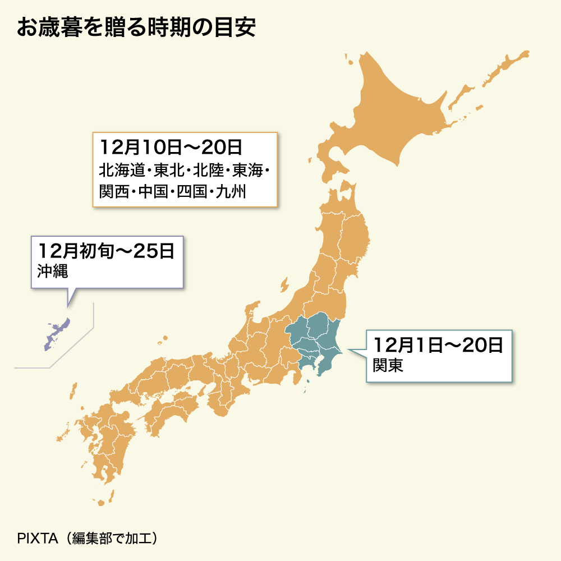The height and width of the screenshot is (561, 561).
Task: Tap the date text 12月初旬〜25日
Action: click(107, 250)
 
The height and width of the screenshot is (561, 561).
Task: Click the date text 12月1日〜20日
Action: click(438, 344)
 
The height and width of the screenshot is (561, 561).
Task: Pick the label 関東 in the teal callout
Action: click(388, 365)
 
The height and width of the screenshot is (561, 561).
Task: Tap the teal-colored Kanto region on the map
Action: click(314, 339)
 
